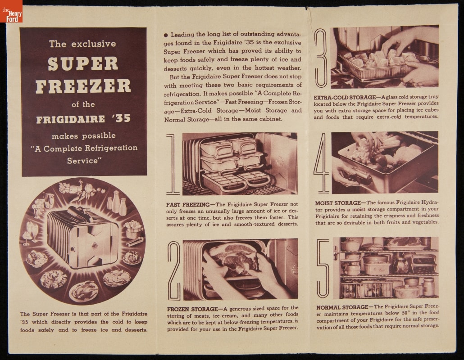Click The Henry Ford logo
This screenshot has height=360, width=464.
(x=11, y=11)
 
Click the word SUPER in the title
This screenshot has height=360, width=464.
(x=83, y=63)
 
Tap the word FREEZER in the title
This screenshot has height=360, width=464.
(x=83, y=86)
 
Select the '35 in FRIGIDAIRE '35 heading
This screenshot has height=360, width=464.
(x=121, y=118)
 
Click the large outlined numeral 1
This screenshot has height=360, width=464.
(x=173, y=164)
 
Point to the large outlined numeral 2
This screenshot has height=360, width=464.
(x=174, y=270)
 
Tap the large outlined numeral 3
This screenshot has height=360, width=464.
(x=321, y=58)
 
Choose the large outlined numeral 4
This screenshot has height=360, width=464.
(x=322, y=163)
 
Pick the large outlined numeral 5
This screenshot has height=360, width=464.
(x=323, y=268)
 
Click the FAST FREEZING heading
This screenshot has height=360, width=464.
(x=188, y=205)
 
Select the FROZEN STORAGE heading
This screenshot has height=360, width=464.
(x=192, y=309)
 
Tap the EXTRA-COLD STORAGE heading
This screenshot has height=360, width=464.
(x=345, y=97)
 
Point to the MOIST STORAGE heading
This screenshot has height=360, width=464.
(x=338, y=203)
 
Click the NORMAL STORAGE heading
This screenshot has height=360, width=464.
(x=342, y=307)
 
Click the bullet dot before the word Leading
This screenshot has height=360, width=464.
(x=166, y=35)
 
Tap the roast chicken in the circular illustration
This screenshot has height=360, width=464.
(x=83, y=291)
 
